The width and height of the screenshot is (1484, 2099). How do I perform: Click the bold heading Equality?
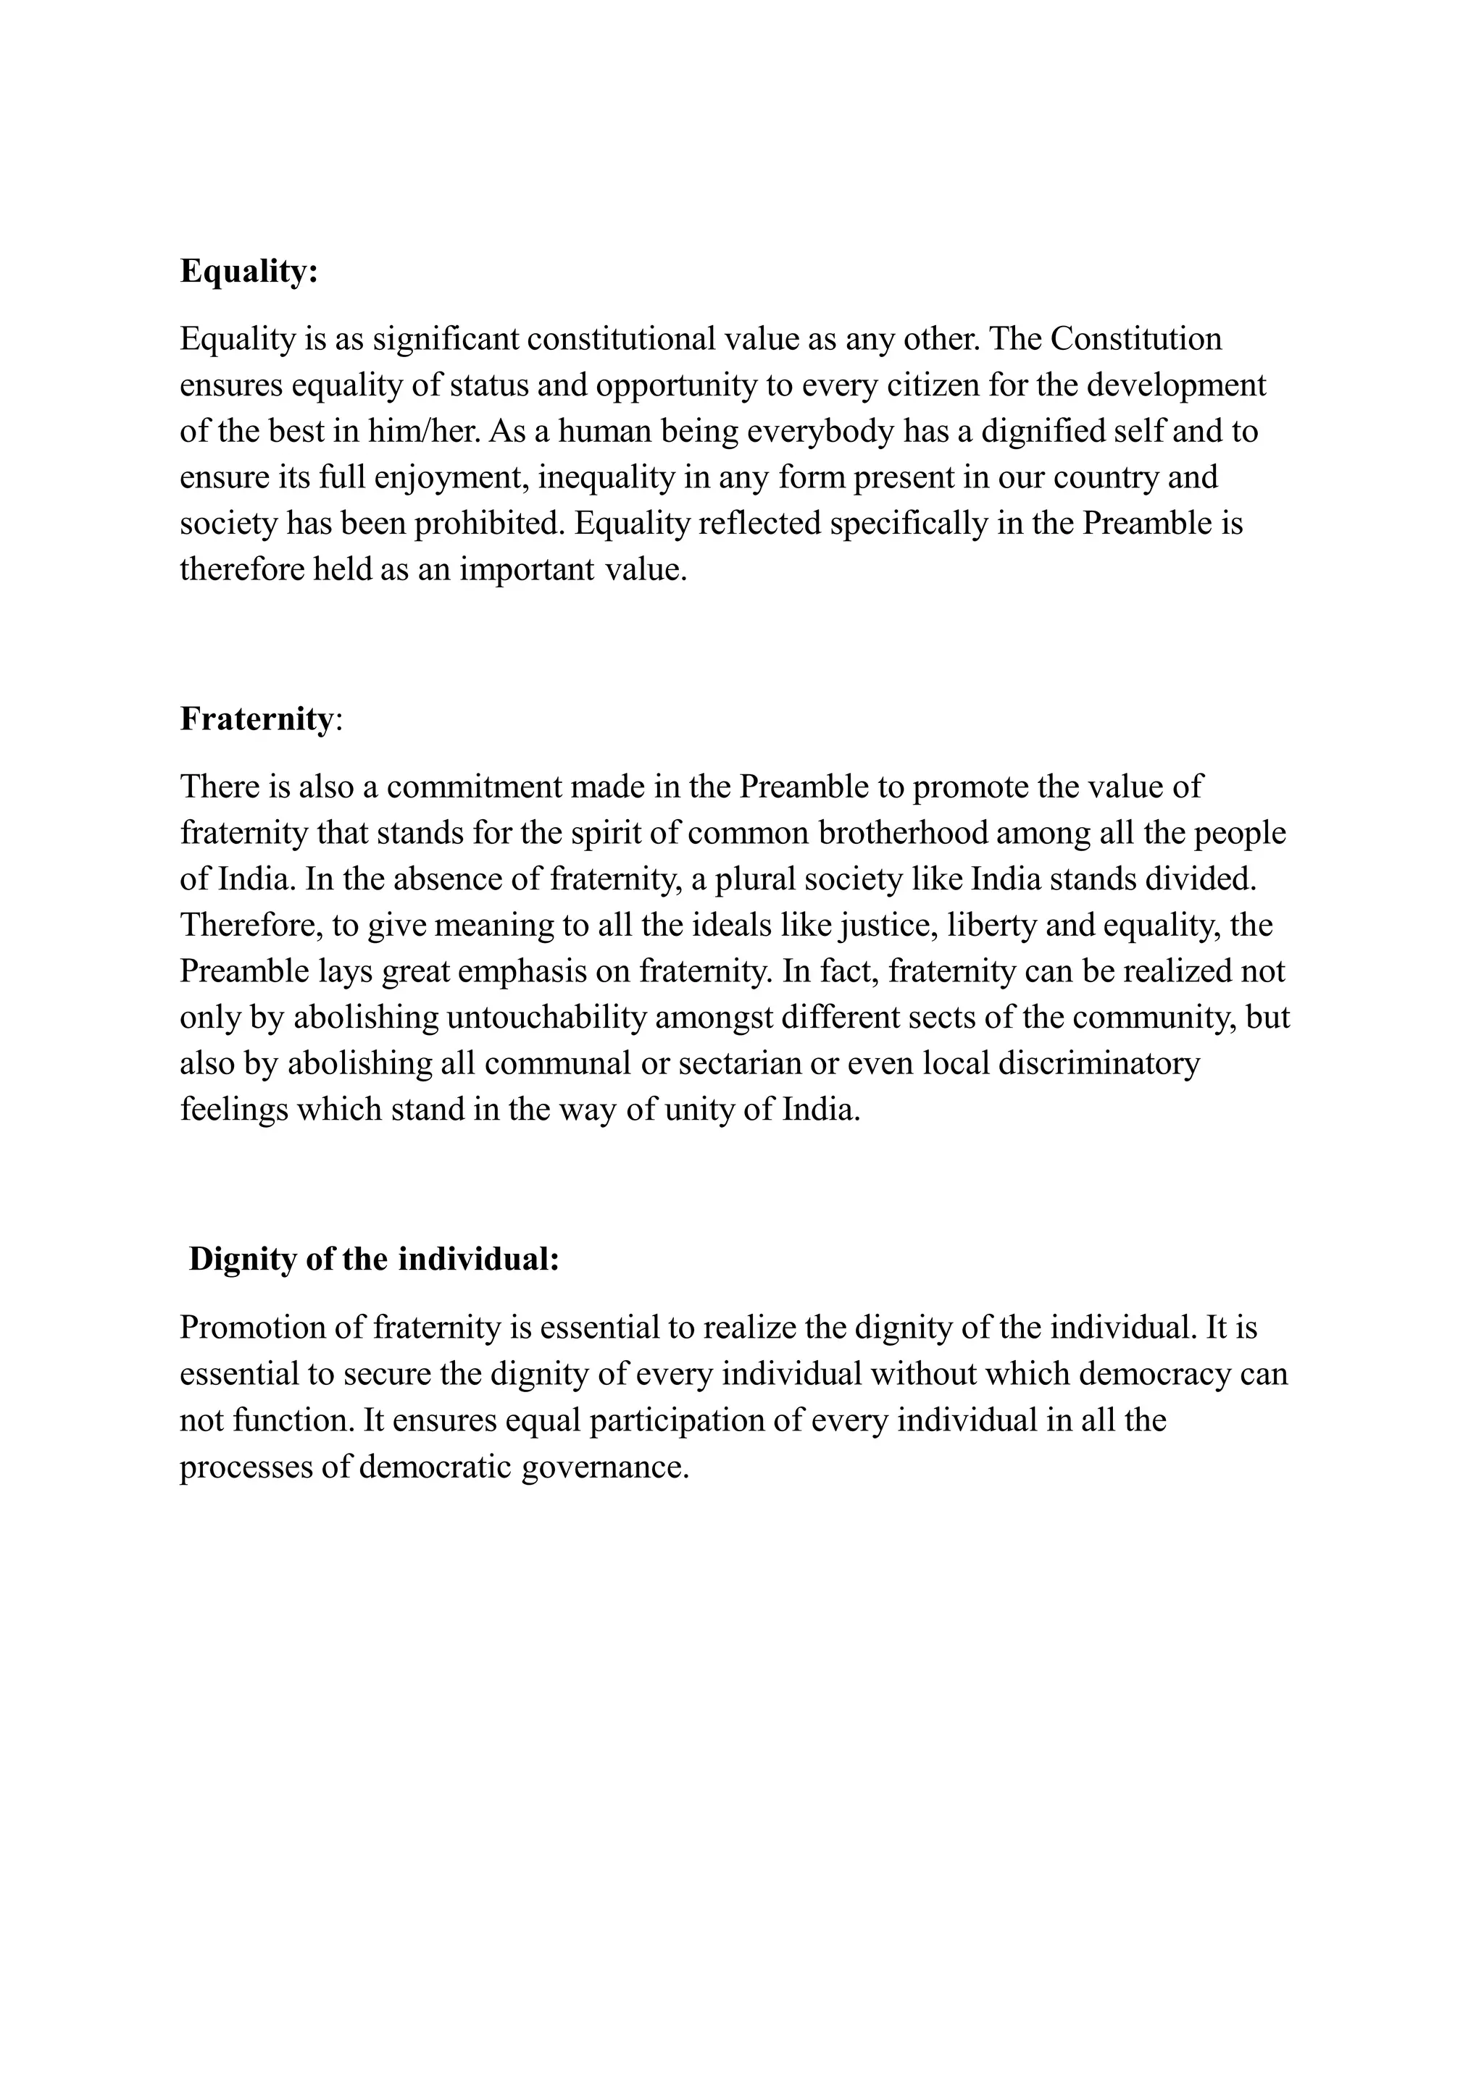(x=249, y=272)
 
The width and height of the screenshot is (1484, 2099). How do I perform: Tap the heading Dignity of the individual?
(x=373, y=1259)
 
